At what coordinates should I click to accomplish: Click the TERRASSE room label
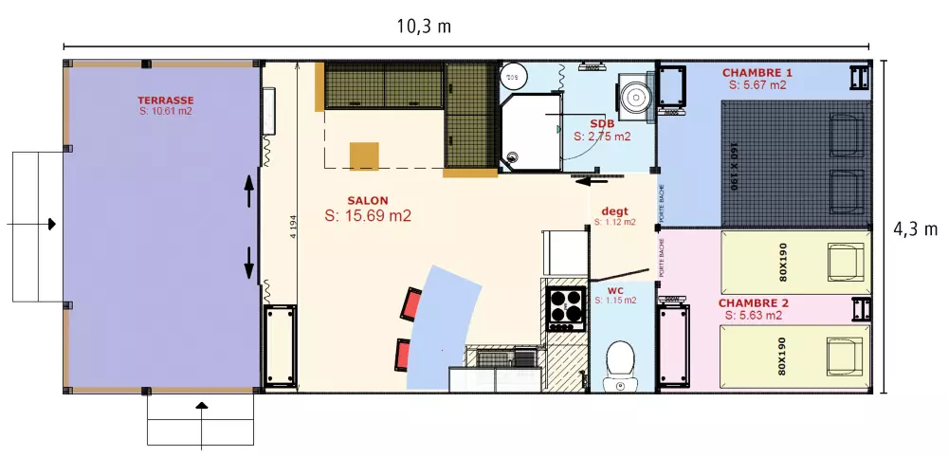coord(165,100)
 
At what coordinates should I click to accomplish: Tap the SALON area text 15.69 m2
coord(368,216)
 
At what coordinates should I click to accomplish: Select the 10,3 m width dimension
coord(424,27)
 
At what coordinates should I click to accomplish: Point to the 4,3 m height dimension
coord(916,228)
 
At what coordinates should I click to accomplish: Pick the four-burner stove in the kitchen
coord(566,306)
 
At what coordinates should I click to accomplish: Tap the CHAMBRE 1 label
coord(757,73)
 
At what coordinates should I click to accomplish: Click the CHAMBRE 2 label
coord(753,303)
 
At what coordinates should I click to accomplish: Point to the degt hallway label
coord(614,210)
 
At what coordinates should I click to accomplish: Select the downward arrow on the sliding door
coord(250,264)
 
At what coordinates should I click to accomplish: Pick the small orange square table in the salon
coord(364,155)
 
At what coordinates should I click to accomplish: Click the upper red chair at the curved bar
coord(412,304)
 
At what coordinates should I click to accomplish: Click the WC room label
coord(614,289)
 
